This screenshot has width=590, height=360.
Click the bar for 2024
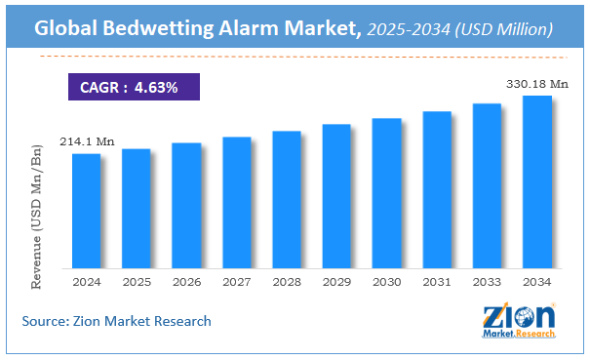(86, 210)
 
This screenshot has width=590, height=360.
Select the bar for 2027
(237, 202)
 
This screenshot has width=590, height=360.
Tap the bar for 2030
(387, 192)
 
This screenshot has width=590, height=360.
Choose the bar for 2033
(487, 185)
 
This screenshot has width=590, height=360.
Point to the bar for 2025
(137, 208)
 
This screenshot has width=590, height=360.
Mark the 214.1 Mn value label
(88, 142)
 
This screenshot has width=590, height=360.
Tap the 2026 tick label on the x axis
(186, 281)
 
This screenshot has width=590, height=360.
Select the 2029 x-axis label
(336, 281)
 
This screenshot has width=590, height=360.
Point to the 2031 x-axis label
(437, 281)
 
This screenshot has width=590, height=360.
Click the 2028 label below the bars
(287, 281)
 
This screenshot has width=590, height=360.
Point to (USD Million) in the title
(509, 30)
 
